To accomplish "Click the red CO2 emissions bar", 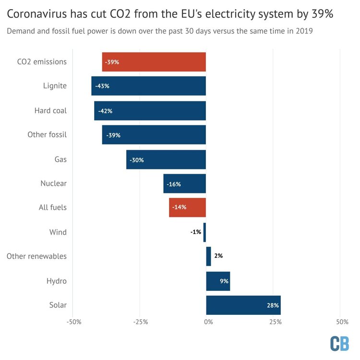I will pyautogui.click(x=154, y=62).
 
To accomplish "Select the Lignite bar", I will pyautogui.click(x=148, y=86).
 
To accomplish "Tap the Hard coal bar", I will pyautogui.click(x=150, y=111).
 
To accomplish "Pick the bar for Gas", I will pyautogui.click(x=166, y=160).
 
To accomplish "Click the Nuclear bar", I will pyautogui.click(x=184, y=184).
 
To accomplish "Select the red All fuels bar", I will pyautogui.click(x=187, y=208).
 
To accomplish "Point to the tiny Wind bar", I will pyautogui.click(x=204, y=232).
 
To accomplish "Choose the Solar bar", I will pyautogui.click(x=243, y=305).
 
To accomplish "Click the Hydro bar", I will pyautogui.click(x=218, y=281).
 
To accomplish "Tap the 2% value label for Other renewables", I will pyautogui.click(x=218, y=256).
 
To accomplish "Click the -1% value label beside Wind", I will pyautogui.click(x=195, y=232).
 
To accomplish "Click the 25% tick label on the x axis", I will pyautogui.click(x=275, y=321).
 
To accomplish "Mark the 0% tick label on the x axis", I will pyautogui.click(x=208, y=321).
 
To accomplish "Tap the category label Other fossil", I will pyautogui.click(x=47, y=135).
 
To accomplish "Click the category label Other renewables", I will pyautogui.click(x=36, y=256).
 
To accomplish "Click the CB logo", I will pyautogui.click(x=340, y=343).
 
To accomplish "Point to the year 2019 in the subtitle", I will pyautogui.click(x=311, y=31).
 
